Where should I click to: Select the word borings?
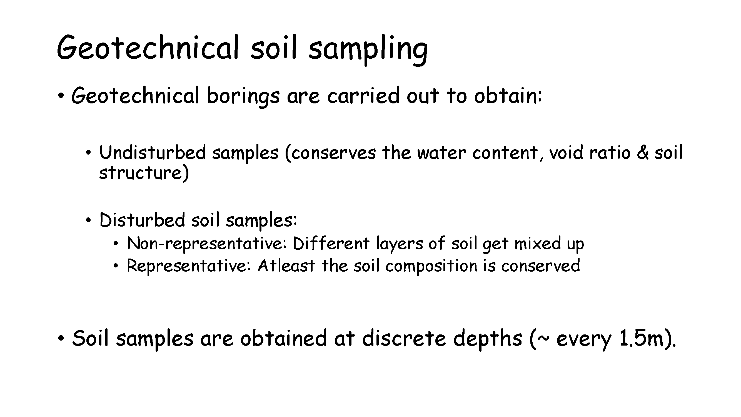tap(243, 97)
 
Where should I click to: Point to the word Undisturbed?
tap(153, 152)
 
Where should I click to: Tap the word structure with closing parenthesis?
tap(144, 173)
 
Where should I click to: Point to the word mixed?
tap(538, 243)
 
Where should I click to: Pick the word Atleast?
tap(286, 265)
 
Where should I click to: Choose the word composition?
tap(431, 266)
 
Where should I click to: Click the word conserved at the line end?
tap(540, 265)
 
